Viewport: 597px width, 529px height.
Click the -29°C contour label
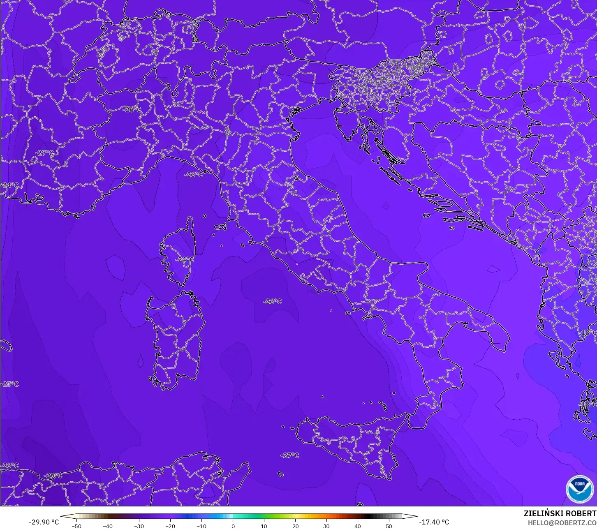53,476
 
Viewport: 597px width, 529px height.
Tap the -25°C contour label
10,384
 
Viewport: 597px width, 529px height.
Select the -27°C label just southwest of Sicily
290,455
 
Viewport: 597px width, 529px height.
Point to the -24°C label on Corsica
184,259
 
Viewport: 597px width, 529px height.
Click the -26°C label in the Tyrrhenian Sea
273,301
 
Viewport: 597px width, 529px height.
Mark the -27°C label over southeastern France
44,153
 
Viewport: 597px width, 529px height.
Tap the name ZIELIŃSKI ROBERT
560,514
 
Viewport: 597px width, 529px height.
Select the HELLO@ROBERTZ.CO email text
562,523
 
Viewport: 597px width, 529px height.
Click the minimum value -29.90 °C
44,522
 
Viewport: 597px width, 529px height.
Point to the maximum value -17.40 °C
434,522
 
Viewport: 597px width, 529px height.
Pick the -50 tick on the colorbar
76,526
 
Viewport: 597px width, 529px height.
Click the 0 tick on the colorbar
233,526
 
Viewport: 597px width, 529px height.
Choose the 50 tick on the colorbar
389,526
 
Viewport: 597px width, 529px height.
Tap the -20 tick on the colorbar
170,526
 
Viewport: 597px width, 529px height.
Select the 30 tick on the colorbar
326,526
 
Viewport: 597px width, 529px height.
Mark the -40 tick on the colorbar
108,526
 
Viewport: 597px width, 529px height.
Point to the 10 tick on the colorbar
264,526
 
